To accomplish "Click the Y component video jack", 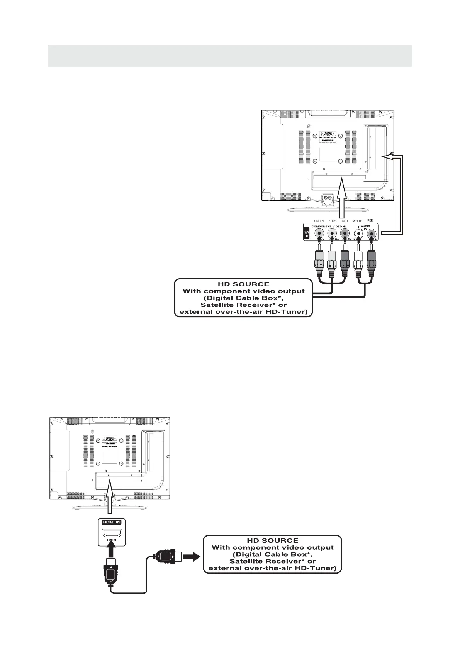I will (319, 233).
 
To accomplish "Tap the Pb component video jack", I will (332, 233).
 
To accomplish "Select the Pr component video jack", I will (345, 233).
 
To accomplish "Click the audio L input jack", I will (359, 233).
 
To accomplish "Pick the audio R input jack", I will (371, 233).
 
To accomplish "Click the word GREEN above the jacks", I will (319, 221).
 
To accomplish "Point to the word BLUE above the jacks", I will (332, 221).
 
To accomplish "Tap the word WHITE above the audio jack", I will (357, 221).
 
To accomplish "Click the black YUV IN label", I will (307, 234).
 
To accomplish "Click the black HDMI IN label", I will (111, 522).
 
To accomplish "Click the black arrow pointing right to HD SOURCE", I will (191, 556).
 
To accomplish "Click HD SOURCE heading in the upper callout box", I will (243, 284).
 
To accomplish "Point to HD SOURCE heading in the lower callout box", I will (272, 540).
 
